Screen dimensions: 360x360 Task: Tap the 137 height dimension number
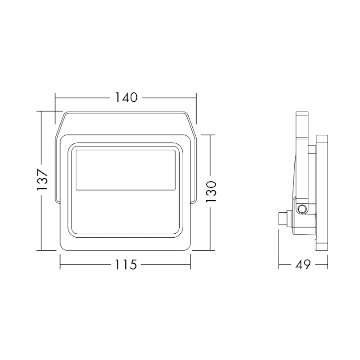click(x=42, y=180)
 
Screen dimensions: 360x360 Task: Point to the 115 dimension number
click(x=126, y=265)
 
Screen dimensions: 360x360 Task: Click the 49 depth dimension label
click(x=303, y=265)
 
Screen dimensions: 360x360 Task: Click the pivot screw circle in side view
click(x=302, y=209)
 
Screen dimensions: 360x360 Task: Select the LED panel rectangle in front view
click(x=126, y=170)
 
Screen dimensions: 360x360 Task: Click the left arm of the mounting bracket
click(x=57, y=169)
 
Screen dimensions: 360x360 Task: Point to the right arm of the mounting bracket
click(x=193, y=169)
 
